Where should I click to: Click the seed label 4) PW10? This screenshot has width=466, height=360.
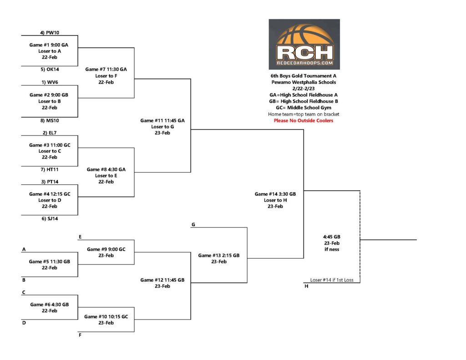pyautogui.click(x=50, y=33)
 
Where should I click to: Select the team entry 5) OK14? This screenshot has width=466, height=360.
pyautogui.click(x=50, y=69)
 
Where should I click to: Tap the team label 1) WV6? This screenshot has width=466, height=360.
pyautogui.click(x=50, y=82)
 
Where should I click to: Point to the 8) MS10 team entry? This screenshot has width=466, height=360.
pyautogui.click(x=50, y=121)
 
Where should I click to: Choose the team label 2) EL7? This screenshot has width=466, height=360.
pyautogui.click(x=50, y=132)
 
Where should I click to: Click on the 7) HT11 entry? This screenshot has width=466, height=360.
pyautogui.click(x=50, y=169)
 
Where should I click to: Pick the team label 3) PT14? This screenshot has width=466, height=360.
pyautogui.click(x=50, y=182)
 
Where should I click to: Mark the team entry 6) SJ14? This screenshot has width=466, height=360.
pyautogui.click(x=50, y=218)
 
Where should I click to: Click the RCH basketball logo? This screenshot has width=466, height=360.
pyautogui.click(x=304, y=44)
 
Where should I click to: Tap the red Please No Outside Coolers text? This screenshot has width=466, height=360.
pyautogui.click(x=304, y=121)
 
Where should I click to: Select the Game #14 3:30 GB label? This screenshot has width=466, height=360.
pyautogui.click(x=275, y=194)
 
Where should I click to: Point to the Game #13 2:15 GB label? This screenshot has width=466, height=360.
pyautogui.click(x=219, y=255)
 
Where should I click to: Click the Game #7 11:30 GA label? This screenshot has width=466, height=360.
pyautogui.click(x=106, y=69)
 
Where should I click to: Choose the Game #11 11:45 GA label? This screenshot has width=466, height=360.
pyautogui.click(x=162, y=121)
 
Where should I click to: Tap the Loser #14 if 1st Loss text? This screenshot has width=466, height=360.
pyautogui.click(x=332, y=280)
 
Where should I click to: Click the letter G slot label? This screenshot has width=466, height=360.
pyautogui.click(x=193, y=224)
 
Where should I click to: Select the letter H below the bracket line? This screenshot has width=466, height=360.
pyautogui.click(x=306, y=286)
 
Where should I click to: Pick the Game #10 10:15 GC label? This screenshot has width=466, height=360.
pyautogui.click(x=106, y=317)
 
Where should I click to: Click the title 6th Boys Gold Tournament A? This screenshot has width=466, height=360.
pyautogui.click(x=304, y=76)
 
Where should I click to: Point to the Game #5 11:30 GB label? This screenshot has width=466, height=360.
pyautogui.click(x=50, y=262)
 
